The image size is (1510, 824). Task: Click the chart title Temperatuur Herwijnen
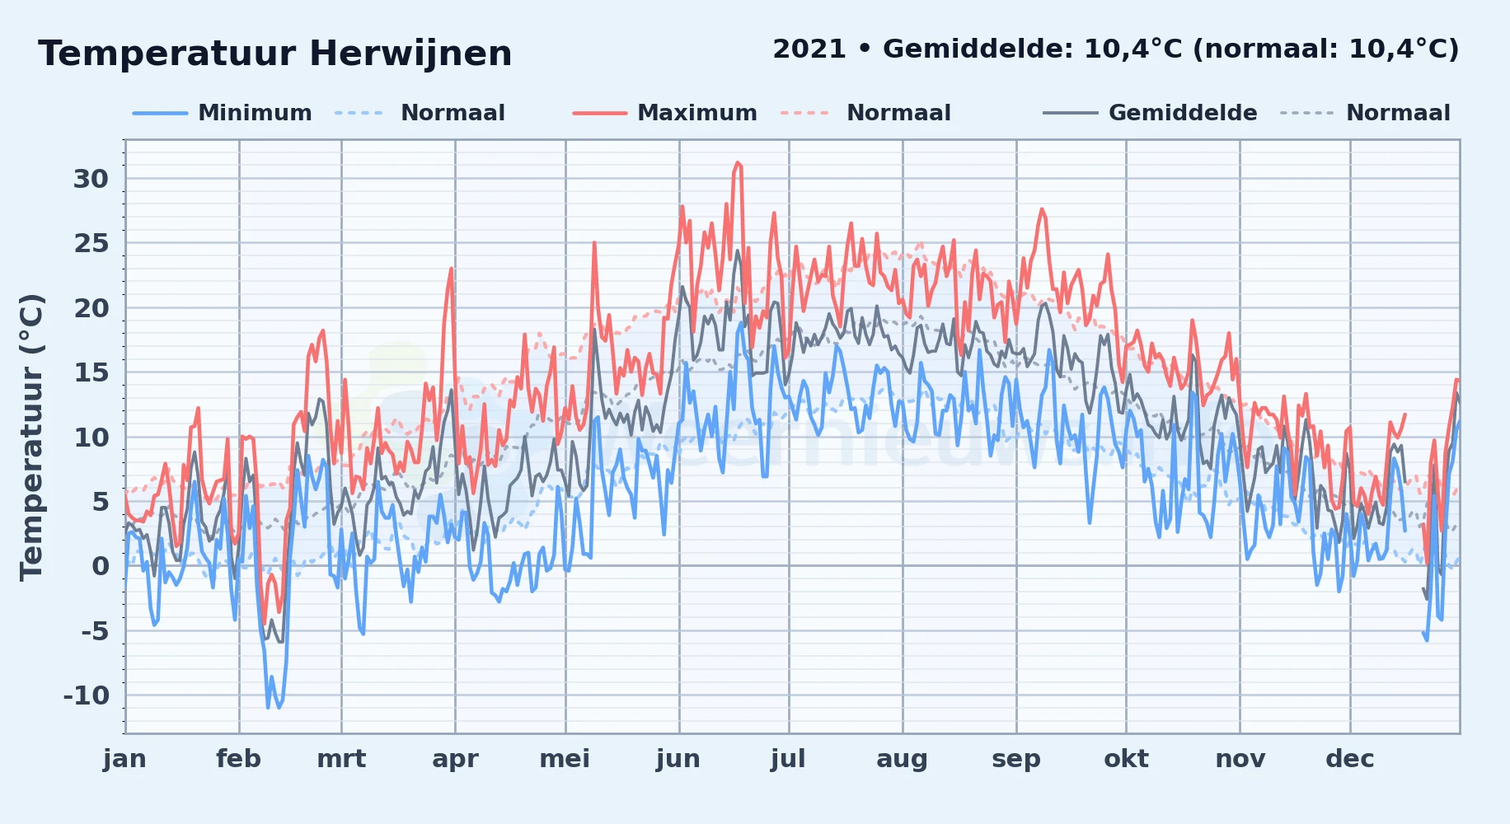[274, 54]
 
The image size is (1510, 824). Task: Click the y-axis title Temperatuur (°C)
[31, 438]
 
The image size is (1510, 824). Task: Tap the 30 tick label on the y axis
[91, 179]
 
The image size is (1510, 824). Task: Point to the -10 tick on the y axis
[87, 695]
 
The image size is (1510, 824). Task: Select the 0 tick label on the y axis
[101, 566]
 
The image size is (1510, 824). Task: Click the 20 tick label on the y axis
[91, 308]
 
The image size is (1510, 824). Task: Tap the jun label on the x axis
[678, 759]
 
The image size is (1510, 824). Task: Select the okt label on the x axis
[1126, 758]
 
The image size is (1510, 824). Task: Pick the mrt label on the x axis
[341, 758]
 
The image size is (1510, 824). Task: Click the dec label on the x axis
[1350, 758]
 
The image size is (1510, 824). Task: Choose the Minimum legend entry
[255, 113]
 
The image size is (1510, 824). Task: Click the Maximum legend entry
[697, 113]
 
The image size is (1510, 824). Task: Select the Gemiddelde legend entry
[1183, 113]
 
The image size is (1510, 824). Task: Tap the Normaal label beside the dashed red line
[898, 113]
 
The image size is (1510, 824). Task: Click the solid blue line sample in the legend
[160, 113]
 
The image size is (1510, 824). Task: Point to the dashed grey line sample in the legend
[1306, 113]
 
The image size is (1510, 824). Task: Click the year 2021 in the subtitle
[809, 49]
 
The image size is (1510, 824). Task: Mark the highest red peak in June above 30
[738, 163]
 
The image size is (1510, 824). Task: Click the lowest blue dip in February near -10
[268, 706]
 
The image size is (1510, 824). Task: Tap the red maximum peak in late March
[452, 269]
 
